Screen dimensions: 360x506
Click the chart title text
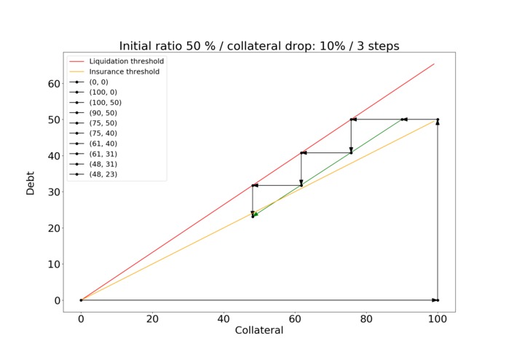[x=259, y=46]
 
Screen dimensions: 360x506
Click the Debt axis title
[x=31, y=182]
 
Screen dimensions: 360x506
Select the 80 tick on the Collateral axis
[x=366, y=318]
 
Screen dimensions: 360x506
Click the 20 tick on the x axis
[x=152, y=318]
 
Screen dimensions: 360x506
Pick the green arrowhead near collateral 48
[x=255, y=214]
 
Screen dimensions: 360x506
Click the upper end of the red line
[x=434, y=63]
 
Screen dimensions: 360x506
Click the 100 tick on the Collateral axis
[x=438, y=318]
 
